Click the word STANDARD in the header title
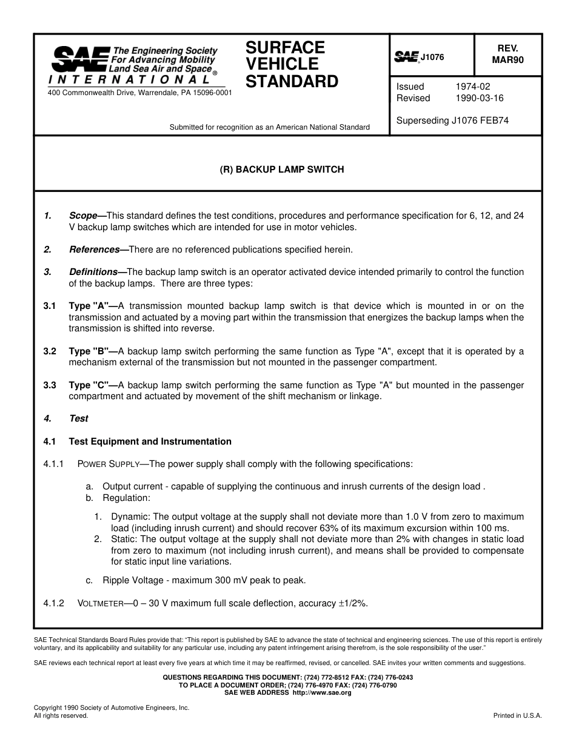[x=292, y=82]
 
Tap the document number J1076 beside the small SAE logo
[x=432, y=57]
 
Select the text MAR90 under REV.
[x=507, y=60]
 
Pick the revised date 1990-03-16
[x=479, y=98]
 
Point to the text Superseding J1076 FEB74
[x=452, y=121]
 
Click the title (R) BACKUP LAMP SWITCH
[x=281, y=170]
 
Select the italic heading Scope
[x=83, y=216]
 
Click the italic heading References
[x=94, y=250]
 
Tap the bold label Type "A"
[x=89, y=306]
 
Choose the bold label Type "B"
[x=89, y=351]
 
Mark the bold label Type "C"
[x=89, y=385]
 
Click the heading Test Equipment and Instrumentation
[x=150, y=442]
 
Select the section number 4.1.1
[x=54, y=464]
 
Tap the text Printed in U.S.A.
[x=517, y=715]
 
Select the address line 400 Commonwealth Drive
[x=139, y=93]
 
